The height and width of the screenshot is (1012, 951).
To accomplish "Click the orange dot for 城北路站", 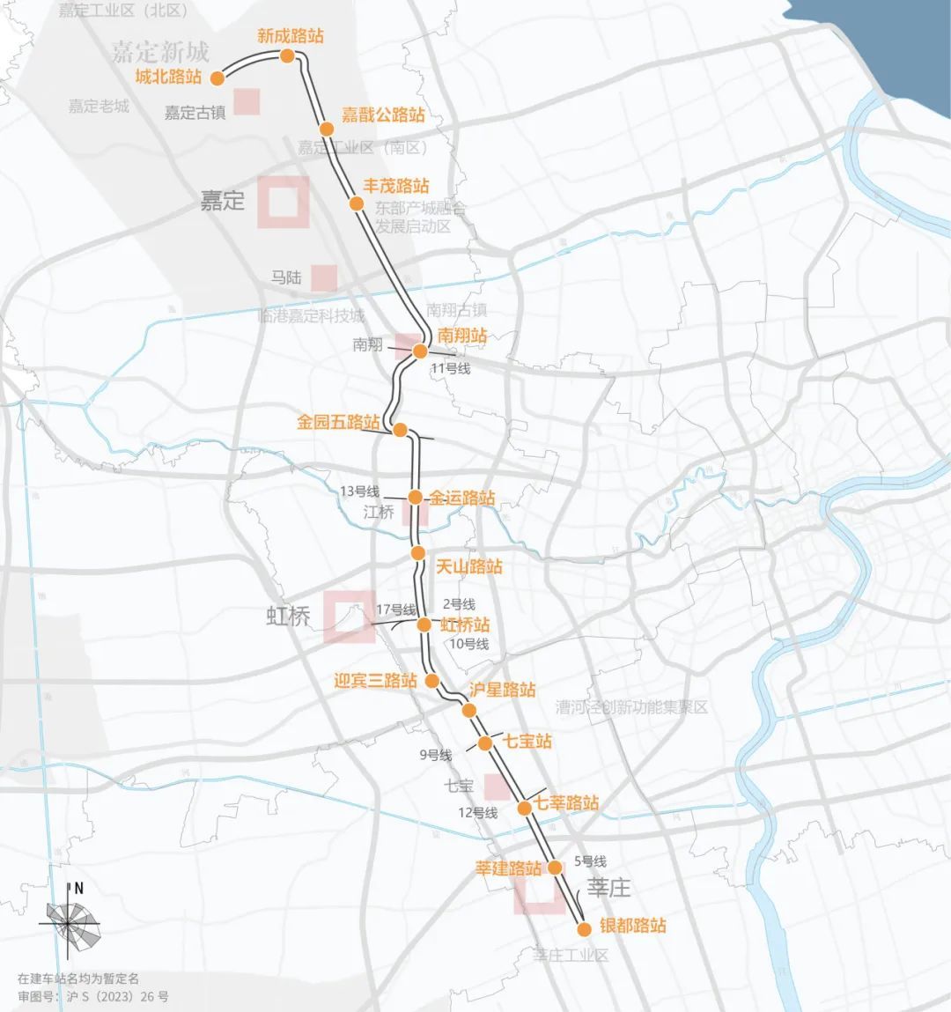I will pyautogui.click(x=216, y=78).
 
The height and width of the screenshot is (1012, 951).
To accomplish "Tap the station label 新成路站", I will pyautogui.click(x=290, y=36).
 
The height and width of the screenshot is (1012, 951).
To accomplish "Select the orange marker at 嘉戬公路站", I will pyautogui.click(x=327, y=129).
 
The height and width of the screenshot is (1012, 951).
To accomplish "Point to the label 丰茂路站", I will pyautogui.click(x=396, y=186).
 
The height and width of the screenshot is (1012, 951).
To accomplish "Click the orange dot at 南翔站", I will pyautogui.click(x=420, y=351).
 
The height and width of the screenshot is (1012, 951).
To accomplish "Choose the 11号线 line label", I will pyautogui.click(x=450, y=369).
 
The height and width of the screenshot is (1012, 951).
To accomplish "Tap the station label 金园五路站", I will pyautogui.click(x=338, y=423).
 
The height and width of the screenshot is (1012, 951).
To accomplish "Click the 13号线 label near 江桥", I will pyautogui.click(x=359, y=491).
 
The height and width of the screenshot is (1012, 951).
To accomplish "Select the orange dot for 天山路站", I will pyautogui.click(x=418, y=553).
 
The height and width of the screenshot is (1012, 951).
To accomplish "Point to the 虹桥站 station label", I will pyautogui.click(x=465, y=624).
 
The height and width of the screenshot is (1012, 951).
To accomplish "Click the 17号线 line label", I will pyautogui.click(x=395, y=609).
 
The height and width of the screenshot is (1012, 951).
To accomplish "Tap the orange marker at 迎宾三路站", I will pyautogui.click(x=431, y=681).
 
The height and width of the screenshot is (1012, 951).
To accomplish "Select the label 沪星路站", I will pyautogui.click(x=502, y=690).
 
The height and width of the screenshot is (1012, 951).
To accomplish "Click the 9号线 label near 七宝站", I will pyautogui.click(x=435, y=755).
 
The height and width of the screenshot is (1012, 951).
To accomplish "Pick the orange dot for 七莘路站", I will pyautogui.click(x=524, y=808).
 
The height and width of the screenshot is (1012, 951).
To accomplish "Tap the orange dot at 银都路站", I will pyautogui.click(x=582, y=928).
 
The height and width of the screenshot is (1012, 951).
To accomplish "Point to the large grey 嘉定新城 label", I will pyautogui.click(x=160, y=52).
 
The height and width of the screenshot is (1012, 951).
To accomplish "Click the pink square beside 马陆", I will pyautogui.click(x=323, y=277).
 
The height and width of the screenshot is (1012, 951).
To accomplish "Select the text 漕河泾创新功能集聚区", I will pyautogui.click(x=631, y=708).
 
